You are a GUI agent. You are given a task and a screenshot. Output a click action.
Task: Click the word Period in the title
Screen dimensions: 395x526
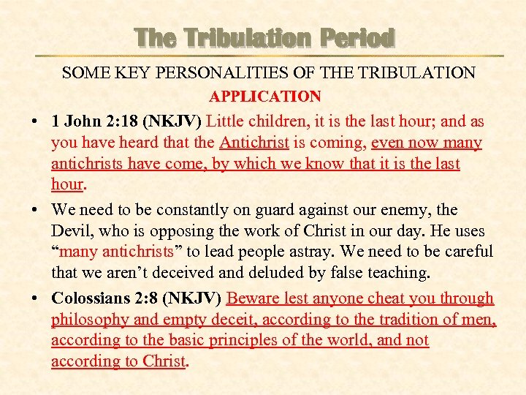[x=354, y=37]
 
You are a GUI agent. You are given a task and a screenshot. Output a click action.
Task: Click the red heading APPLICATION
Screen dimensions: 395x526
[x=264, y=97]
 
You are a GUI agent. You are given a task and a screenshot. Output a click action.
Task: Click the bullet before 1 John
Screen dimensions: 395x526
[x=35, y=121]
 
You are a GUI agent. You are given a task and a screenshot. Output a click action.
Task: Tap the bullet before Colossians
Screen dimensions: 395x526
[x=35, y=298]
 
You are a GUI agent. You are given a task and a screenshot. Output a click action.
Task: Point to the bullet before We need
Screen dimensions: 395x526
[x=35, y=210]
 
